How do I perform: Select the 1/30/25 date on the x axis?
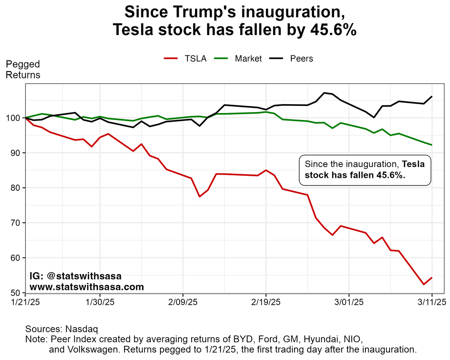[99, 302]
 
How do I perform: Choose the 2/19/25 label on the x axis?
[266, 302]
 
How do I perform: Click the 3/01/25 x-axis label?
[349, 302]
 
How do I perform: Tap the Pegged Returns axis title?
[23, 70]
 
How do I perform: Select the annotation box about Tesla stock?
[365, 170]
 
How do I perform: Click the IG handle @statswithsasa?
[86, 276]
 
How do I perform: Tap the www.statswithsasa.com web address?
[87, 287]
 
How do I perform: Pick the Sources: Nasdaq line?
[62, 329]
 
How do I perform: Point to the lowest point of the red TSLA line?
[423, 284]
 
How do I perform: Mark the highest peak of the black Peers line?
[324, 93]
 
